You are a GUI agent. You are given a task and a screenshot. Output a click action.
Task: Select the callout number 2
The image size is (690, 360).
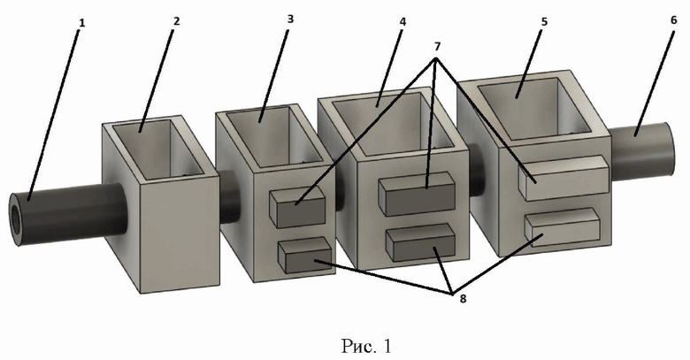[x=176, y=19]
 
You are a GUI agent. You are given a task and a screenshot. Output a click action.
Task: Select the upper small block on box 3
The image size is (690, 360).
[x=296, y=209]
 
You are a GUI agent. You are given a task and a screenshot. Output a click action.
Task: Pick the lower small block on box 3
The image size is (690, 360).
[x=304, y=256]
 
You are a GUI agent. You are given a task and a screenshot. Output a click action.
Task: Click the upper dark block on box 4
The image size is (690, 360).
[x=417, y=193]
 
